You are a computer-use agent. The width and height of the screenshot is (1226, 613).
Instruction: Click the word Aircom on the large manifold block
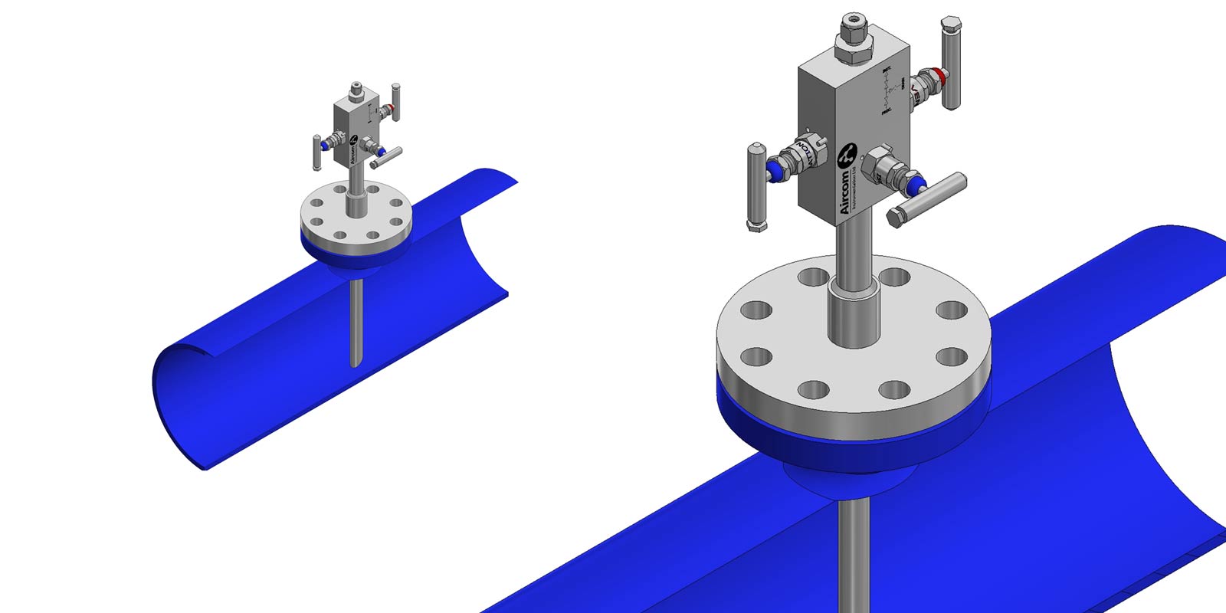pyautogui.click(x=843, y=192)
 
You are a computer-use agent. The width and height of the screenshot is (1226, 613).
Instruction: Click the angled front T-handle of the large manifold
pyautogui.click(x=927, y=198)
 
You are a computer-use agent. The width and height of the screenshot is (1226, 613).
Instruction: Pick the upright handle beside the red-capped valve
pyautogui.click(x=950, y=65)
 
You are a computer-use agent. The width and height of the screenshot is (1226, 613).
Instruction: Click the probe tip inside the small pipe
pyautogui.click(x=355, y=360)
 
